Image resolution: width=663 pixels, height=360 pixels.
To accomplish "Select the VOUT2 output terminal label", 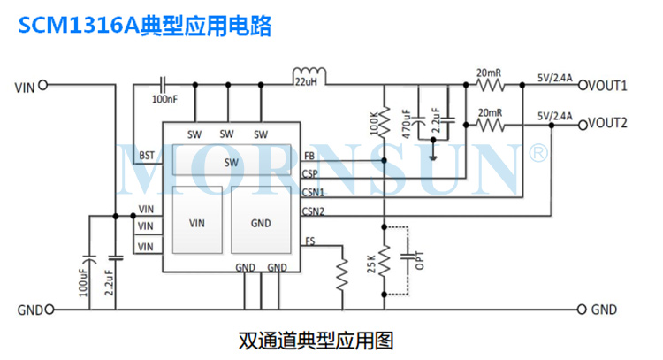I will tap(610, 123).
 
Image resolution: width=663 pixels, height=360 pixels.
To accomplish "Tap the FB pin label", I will tap(308, 156).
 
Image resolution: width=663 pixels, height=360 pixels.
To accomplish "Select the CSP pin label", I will tap(309, 173).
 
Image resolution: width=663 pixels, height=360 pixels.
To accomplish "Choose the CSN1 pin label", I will tap(312, 192).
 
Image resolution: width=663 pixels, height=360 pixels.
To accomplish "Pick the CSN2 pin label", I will tap(312, 211).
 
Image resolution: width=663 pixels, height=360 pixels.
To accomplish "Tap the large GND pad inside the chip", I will tap(261, 223).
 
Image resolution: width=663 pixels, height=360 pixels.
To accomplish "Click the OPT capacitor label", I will tap(420, 263).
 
